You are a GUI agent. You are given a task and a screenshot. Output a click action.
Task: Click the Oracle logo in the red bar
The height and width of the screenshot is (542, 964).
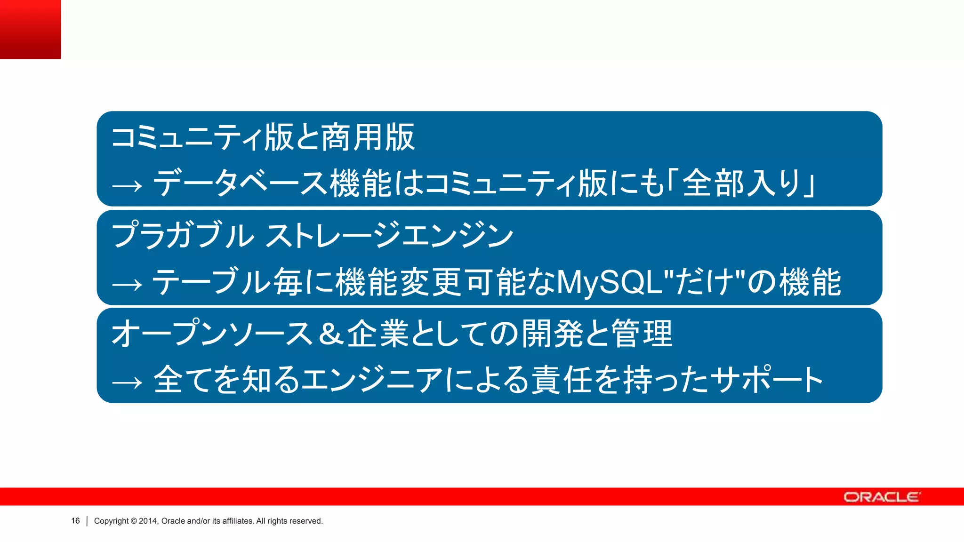[x=881, y=497]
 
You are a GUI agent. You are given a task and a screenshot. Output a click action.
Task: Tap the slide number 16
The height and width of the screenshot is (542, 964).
[x=75, y=521]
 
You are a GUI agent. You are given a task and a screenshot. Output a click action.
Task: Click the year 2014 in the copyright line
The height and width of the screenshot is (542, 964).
[x=149, y=521]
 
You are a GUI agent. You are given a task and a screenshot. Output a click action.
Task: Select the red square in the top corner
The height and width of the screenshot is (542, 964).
[x=30, y=29]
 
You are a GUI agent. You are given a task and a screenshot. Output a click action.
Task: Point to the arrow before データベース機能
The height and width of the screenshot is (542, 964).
[x=127, y=186]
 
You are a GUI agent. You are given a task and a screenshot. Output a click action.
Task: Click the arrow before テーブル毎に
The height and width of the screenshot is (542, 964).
[x=127, y=285]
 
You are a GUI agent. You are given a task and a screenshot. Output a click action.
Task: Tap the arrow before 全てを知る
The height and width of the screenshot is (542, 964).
[x=127, y=382]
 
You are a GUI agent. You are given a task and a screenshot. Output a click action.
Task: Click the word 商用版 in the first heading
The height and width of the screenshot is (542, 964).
[x=368, y=137]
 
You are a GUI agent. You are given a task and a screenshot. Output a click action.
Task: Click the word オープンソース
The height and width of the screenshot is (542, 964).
[x=212, y=333]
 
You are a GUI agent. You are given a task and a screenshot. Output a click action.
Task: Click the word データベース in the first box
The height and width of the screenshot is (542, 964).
[x=241, y=183]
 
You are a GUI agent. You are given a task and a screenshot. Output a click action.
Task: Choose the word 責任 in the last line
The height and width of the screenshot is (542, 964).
[x=562, y=380]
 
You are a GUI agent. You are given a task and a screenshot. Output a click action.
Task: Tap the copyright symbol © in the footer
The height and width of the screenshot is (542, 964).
[x=134, y=521]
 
